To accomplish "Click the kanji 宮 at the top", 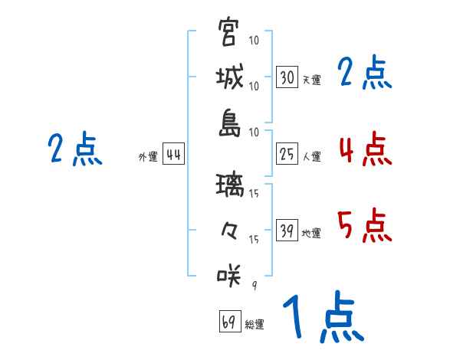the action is pos(229,32).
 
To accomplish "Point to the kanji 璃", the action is pos(229,184).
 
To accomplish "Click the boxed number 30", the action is pos(287,77).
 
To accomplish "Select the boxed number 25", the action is pos(287,155).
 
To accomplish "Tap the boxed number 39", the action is pos(287,231).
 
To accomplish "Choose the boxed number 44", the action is pos(173,155).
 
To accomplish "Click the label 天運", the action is pos(311,80).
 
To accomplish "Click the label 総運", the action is pos(254,324).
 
